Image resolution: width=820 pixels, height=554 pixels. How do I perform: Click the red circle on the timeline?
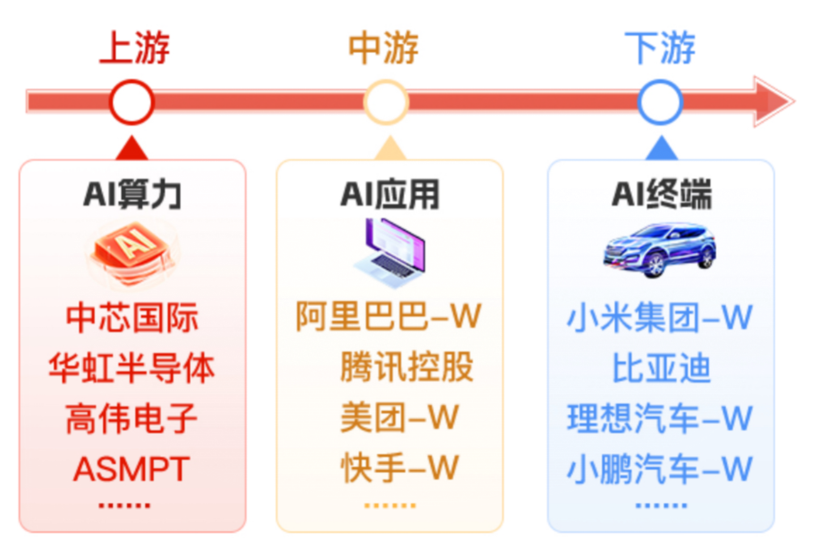pos(132,102)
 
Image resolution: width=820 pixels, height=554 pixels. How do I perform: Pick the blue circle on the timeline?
pos(660,102)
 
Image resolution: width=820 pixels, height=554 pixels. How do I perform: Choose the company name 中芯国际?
pos(132,317)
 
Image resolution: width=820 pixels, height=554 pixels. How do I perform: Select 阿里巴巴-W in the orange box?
pos(388,316)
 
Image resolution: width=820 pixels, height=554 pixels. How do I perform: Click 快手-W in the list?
pos(399,468)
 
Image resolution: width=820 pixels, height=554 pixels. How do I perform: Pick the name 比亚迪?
pos(661,368)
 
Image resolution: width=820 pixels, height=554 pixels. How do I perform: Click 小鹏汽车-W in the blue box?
pos(660,469)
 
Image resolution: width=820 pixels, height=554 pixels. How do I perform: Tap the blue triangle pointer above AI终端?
pos(662,148)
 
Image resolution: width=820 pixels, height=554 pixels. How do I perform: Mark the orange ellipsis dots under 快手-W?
pos(390,506)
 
